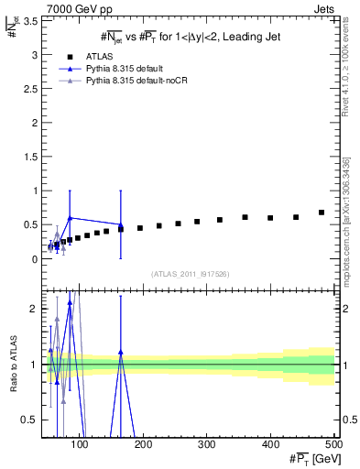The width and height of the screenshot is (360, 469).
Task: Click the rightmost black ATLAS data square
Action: [322, 213]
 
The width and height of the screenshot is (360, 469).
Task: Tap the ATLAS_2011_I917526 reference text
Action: [190, 273]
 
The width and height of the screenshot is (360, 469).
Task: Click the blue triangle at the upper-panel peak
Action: [71, 218]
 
